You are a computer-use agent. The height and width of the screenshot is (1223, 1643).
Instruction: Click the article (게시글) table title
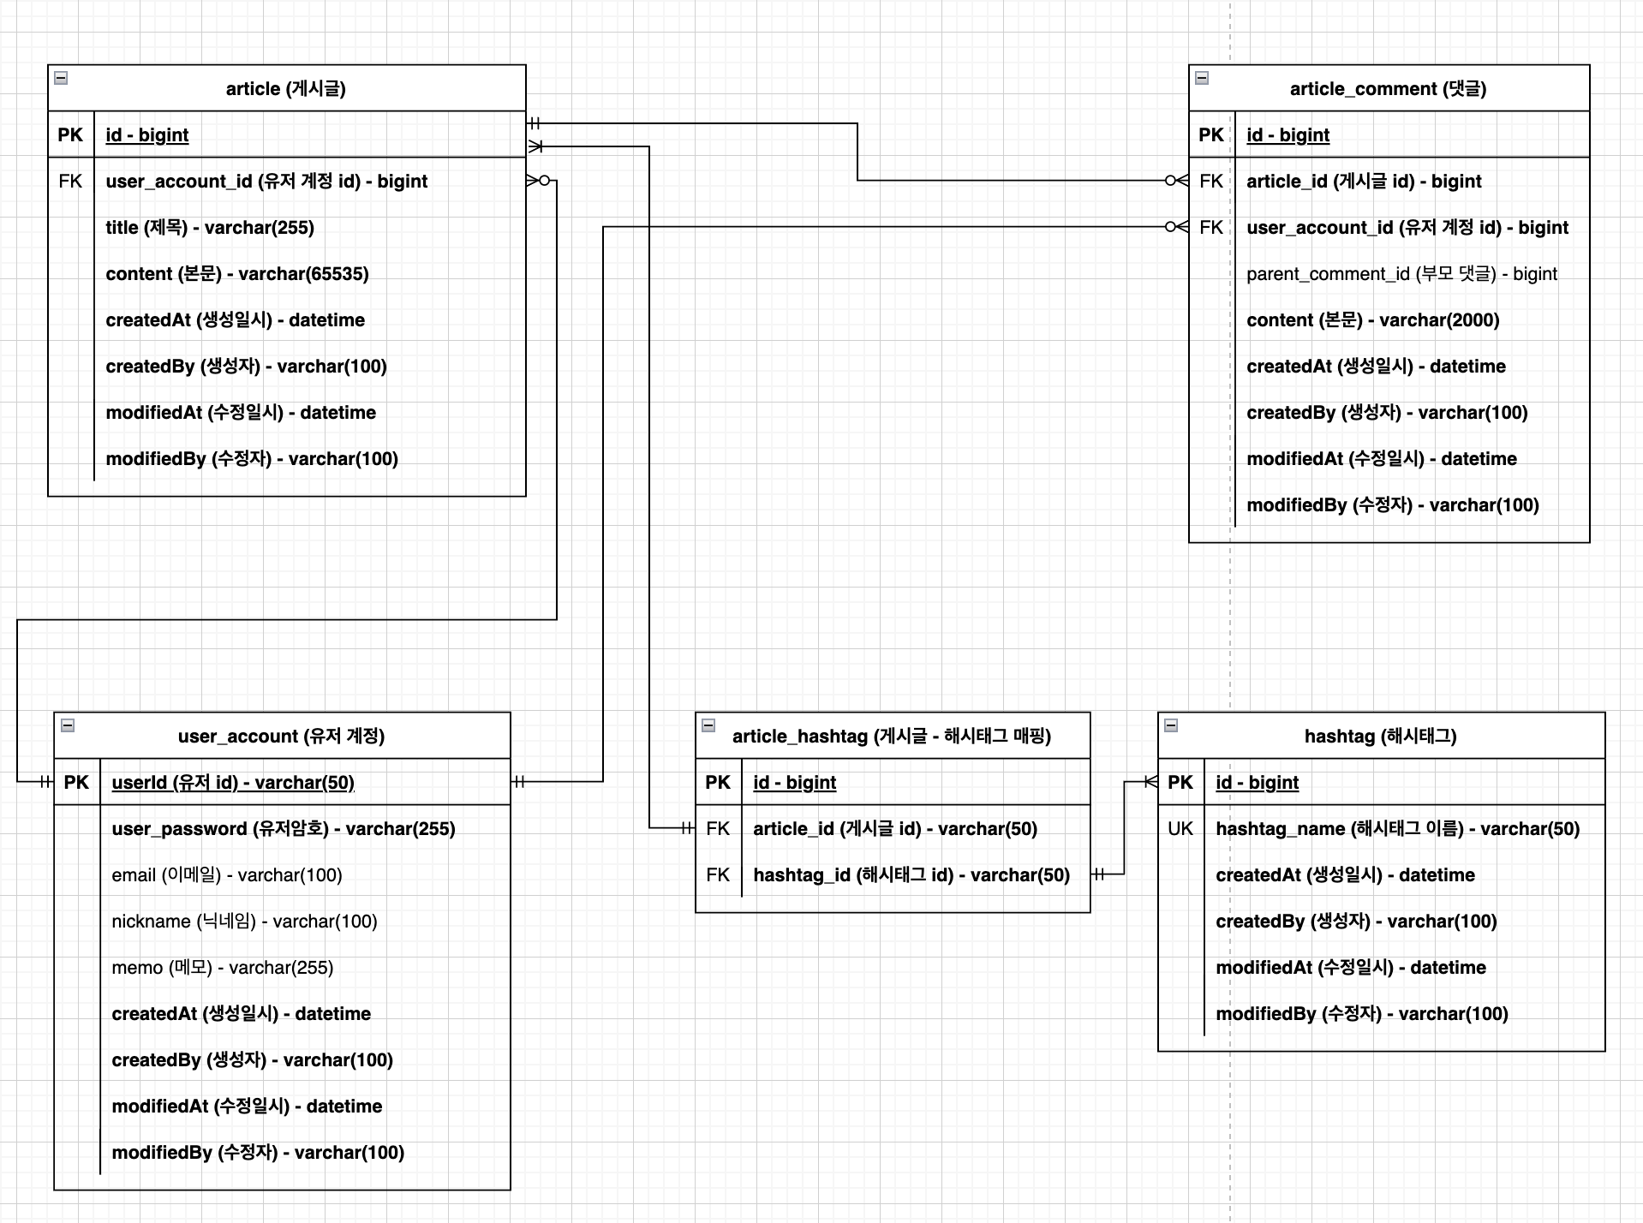(x=285, y=89)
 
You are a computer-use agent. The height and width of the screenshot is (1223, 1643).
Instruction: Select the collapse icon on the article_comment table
(x=1202, y=78)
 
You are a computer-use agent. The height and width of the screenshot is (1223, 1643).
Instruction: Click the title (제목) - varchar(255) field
(x=210, y=228)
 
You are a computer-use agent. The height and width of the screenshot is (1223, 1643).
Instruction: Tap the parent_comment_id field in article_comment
(x=1401, y=274)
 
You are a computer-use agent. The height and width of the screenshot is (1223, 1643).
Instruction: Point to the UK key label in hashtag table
(x=1180, y=829)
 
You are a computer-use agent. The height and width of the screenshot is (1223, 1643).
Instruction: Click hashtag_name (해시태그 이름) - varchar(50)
(x=1397, y=829)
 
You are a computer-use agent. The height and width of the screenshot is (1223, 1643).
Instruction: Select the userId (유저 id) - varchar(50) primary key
(x=233, y=783)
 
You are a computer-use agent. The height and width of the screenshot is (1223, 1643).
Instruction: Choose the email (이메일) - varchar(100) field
(x=227, y=875)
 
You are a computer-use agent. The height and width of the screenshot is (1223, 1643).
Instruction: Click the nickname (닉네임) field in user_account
(x=244, y=922)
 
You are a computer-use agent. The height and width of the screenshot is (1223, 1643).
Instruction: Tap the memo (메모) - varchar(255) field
(x=223, y=968)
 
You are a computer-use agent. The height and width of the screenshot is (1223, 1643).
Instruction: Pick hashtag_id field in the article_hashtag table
(x=911, y=875)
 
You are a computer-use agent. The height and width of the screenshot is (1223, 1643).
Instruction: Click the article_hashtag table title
(x=891, y=737)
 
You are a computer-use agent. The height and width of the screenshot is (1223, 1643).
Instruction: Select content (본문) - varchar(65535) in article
(x=237, y=274)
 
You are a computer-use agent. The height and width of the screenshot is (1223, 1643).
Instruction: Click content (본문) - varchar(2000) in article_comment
(x=1372, y=320)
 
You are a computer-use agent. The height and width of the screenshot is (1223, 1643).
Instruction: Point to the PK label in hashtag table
(x=1180, y=783)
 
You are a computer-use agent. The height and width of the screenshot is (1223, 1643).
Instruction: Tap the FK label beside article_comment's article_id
(x=1210, y=182)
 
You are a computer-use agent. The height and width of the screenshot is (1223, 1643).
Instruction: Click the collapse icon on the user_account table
(x=68, y=725)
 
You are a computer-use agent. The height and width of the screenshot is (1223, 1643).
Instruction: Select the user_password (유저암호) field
(x=284, y=829)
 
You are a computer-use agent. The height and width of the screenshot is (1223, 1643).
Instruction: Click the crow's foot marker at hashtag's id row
(x=1150, y=782)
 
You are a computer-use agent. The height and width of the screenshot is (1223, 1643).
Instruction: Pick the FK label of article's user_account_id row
(x=70, y=182)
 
